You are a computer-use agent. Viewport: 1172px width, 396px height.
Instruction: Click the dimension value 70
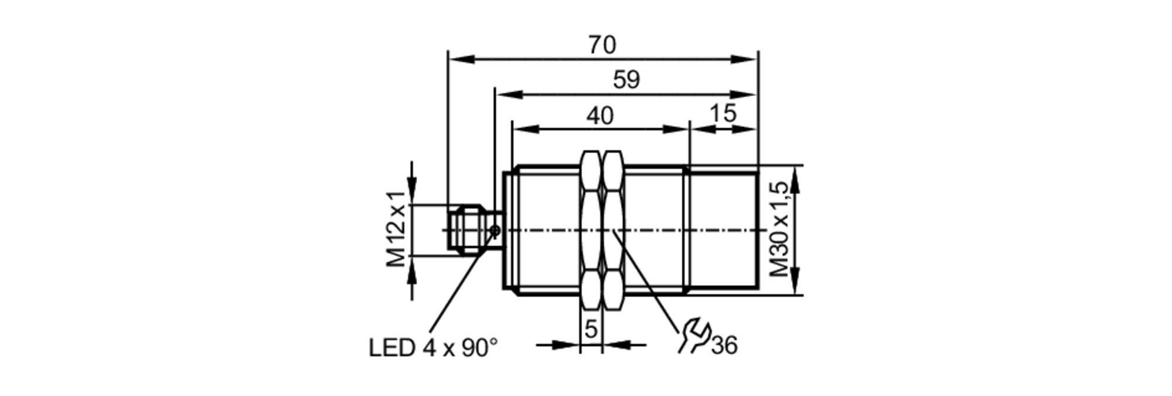click(x=602, y=45)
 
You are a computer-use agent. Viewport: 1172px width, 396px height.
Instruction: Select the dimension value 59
click(x=626, y=80)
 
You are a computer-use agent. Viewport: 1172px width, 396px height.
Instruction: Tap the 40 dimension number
click(x=600, y=116)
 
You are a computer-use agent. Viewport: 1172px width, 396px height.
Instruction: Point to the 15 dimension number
click(x=723, y=113)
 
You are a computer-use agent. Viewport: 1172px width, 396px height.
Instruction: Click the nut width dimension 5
click(x=591, y=329)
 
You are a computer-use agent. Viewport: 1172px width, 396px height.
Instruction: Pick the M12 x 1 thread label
click(x=397, y=229)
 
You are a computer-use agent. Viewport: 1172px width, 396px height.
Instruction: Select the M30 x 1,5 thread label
click(x=779, y=229)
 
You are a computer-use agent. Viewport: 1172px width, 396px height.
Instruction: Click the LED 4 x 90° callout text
click(x=432, y=348)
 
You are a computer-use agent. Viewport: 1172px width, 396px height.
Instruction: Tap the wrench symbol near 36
click(x=694, y=336)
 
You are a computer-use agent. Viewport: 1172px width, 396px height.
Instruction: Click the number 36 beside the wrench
click(x=724, y=346)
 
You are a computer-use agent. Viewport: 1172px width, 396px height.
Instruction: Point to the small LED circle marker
click(x=495, y=231)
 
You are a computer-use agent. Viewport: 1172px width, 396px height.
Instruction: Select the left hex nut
click(x=591, y=230)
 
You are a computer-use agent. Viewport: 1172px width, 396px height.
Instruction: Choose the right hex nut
click(x=613, y=230)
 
